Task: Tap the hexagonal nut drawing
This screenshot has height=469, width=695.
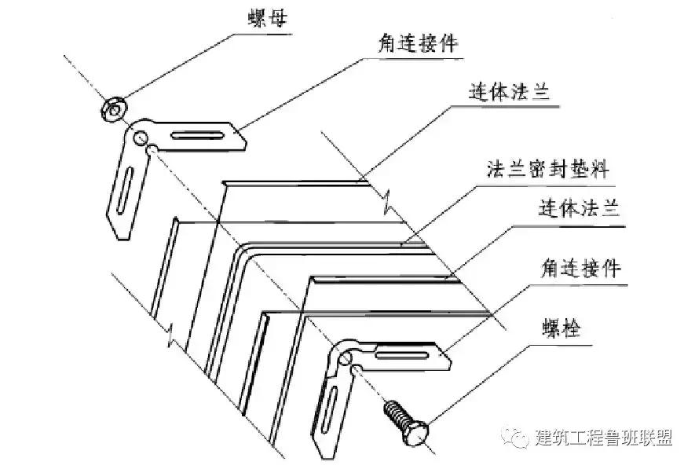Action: (x=112, y=108)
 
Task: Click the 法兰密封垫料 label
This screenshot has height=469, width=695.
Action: (x=548, y=169)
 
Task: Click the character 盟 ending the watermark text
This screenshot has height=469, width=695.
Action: (x=664, y=438)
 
